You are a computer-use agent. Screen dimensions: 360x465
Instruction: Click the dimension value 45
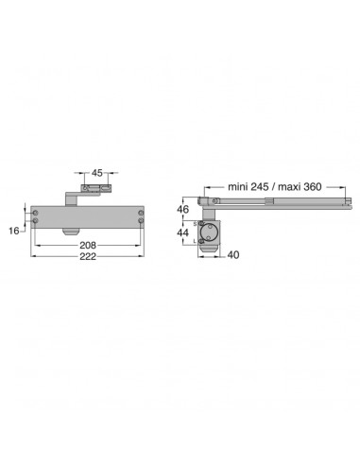pos(97,173)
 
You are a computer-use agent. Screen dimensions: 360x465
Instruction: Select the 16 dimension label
pos(14,231)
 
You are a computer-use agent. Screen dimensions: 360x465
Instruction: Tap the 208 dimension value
pos(88,245)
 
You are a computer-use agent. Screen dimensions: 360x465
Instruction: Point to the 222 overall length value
pos(88,256)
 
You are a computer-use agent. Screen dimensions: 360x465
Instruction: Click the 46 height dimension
pos(182,209)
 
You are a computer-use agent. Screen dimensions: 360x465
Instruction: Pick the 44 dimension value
pos(182,232)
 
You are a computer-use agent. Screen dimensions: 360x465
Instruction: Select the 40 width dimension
pos(233,254)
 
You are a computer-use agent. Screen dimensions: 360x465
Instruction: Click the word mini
pos(237,187)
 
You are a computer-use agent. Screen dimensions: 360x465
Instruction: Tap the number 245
pos(260,187)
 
